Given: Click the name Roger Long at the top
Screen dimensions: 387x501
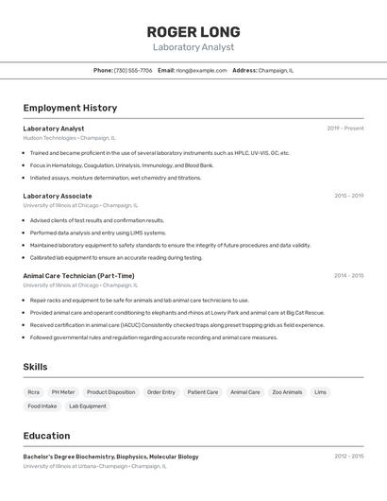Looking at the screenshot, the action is (x=193, y=31).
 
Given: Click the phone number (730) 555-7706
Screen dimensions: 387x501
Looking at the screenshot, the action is (x=133, y=70).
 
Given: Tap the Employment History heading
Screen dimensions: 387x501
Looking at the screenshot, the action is (x=70, y=108).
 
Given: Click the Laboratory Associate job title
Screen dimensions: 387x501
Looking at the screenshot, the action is (x=58, y=196).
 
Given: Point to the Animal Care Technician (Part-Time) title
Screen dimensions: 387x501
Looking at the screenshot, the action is (x=78, y=276).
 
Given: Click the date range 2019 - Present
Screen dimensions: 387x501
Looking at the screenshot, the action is (x=345, y=129).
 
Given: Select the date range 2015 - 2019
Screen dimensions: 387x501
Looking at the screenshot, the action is (x=348, y=196).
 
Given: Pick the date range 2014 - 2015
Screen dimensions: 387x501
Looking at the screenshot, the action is (x=348, y=276).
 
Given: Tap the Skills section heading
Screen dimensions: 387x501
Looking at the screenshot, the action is (x=35, y=367).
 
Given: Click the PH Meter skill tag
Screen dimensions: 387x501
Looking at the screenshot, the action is (x=63, y=391).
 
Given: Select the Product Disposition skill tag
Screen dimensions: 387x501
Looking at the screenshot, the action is (x=110, y=391).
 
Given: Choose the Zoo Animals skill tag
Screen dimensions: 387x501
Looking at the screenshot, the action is (x=287, y=391).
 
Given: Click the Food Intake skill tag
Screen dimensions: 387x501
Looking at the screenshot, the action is (x=42, y=406).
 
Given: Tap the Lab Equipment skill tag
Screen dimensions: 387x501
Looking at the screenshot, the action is (x=88, y=406).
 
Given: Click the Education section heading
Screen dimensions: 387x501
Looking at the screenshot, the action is (x=46, y=436).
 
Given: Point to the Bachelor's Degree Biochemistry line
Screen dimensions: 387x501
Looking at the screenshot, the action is (x=110, y=457).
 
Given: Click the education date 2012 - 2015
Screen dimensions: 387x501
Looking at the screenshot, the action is (x=348, y=457).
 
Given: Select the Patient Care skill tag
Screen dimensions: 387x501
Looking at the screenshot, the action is (x=202, y=391).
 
